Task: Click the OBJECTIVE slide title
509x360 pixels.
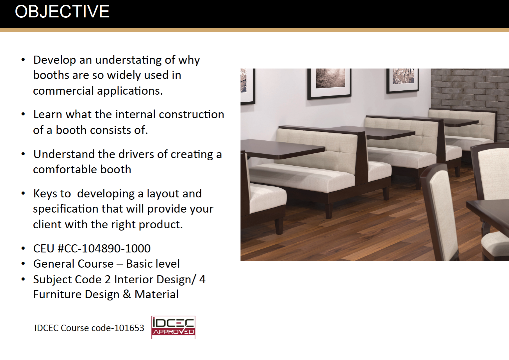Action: [x=62, y=12]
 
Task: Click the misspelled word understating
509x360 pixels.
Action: [x=128, y=60]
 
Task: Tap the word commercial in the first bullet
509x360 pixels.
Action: [x=63, y=91]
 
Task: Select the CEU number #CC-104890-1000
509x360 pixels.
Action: [x=104, y=248]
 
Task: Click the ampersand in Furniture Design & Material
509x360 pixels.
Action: [x=127, y=294]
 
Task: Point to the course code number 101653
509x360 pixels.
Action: [x=129, y=328]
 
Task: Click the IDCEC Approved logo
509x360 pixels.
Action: [x=173, y=327]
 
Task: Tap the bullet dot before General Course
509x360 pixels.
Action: [x=23, y=264]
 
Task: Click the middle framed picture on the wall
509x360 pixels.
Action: [x=329, y=84]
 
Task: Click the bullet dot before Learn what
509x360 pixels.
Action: [x=23, y=114]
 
